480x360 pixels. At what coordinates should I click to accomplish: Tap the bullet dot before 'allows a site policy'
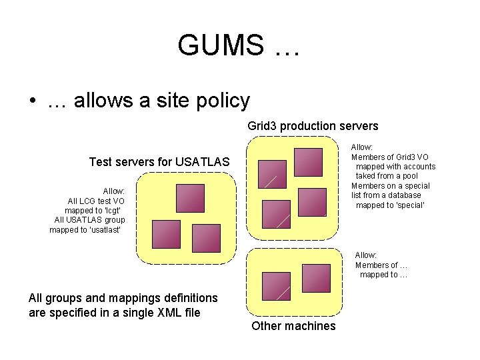[32, 102]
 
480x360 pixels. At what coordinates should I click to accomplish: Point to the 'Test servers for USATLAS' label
[159, 162]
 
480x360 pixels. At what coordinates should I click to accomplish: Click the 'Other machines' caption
[293, 326]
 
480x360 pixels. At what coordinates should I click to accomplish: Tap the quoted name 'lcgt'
[109, 210]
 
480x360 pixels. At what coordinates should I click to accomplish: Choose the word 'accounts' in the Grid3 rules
[419, 167]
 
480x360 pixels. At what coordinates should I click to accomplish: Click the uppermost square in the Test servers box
[190, 198]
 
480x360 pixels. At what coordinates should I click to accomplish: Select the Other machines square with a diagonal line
[276, 286]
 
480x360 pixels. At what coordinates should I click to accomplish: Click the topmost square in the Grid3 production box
[308, 162]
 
